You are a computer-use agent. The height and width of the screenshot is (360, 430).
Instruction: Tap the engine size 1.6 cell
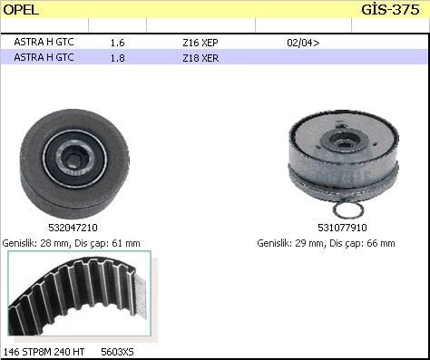[117, 42]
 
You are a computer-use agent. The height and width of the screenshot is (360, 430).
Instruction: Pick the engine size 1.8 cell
[117, 57]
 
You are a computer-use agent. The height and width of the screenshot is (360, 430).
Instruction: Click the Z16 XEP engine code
[200, 42]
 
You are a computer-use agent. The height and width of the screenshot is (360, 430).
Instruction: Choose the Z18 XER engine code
[200, 57]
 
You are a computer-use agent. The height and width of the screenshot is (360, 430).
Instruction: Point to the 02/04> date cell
[302, 42]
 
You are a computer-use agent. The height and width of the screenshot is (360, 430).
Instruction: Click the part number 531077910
[342, 228]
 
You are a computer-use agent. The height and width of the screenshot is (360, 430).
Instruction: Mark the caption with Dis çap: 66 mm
[326, 243]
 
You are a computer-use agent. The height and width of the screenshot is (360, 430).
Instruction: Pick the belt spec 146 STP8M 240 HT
[45, 351]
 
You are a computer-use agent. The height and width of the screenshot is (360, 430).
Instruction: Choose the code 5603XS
[116, 351]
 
